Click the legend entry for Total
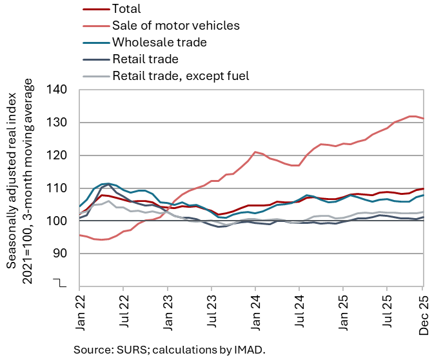(126, 9)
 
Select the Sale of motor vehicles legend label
(175, 26)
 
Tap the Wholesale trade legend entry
(159, 43)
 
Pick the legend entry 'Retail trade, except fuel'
(181, 76)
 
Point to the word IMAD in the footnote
(248, 350)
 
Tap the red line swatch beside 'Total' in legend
(95, 9)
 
